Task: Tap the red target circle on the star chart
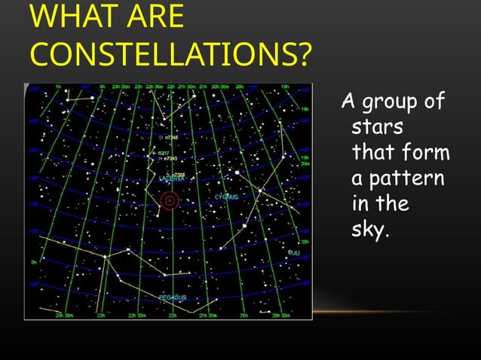[x=170, y=200]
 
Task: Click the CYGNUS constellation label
[x=226, y=197]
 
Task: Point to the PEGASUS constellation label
[x=173, y=298]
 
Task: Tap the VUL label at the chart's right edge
[x=295, y=254]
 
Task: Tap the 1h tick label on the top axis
[x=58, y=86]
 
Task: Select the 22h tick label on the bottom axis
[x=173, y=316]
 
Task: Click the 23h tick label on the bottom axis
[x=100, y=316]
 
